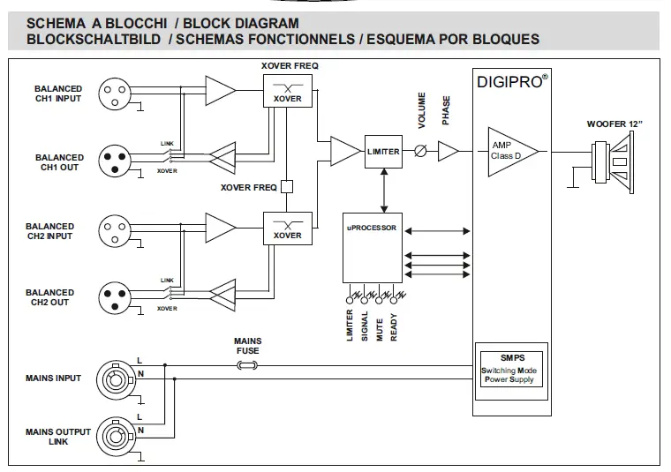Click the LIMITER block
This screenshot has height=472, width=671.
(x=383, y=152)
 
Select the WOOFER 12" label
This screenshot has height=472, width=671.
(x=614, y=124)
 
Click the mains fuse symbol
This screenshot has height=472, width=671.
(x=247, y=363)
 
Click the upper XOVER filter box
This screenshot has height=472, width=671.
(x=288, y=91)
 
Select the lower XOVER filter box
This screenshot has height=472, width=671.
(x=288, y=228)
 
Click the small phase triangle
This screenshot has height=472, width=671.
(x=448, y=152)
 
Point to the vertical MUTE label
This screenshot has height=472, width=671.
(x=378, y=325)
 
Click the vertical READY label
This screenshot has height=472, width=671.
(x=394, y=325)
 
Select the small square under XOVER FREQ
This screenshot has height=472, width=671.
(x=286, y=186)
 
